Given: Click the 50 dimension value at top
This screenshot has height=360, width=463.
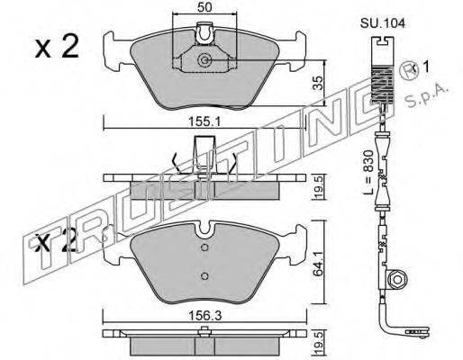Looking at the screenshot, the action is [205, 7].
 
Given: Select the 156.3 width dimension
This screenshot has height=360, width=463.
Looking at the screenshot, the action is [204, 316].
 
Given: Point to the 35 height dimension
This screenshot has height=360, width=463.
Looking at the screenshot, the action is [317, 83].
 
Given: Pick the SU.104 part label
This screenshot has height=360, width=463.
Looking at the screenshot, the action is [383, 23].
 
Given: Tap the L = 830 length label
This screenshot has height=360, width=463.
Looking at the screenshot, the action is [368, 172].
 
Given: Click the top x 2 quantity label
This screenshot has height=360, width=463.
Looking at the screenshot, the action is [57, 47].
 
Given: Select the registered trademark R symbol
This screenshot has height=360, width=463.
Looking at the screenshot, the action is [408, 71].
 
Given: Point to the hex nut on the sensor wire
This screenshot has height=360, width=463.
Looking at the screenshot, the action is [397, 280].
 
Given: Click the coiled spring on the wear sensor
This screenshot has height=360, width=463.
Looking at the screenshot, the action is [382, 85].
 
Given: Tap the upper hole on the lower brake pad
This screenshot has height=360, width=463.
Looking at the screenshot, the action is [204, 247].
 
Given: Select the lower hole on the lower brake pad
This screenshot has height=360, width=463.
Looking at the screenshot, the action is [204, 275].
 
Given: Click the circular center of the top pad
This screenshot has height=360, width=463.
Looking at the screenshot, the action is [205, 60].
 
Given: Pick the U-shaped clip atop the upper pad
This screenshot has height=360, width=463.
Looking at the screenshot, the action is [204, 33].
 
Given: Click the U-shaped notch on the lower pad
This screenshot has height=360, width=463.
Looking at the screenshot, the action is [204, 229].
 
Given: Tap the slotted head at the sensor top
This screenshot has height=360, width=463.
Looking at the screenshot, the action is [382, 41].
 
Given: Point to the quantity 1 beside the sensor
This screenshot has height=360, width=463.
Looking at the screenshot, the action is [425, 67].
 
